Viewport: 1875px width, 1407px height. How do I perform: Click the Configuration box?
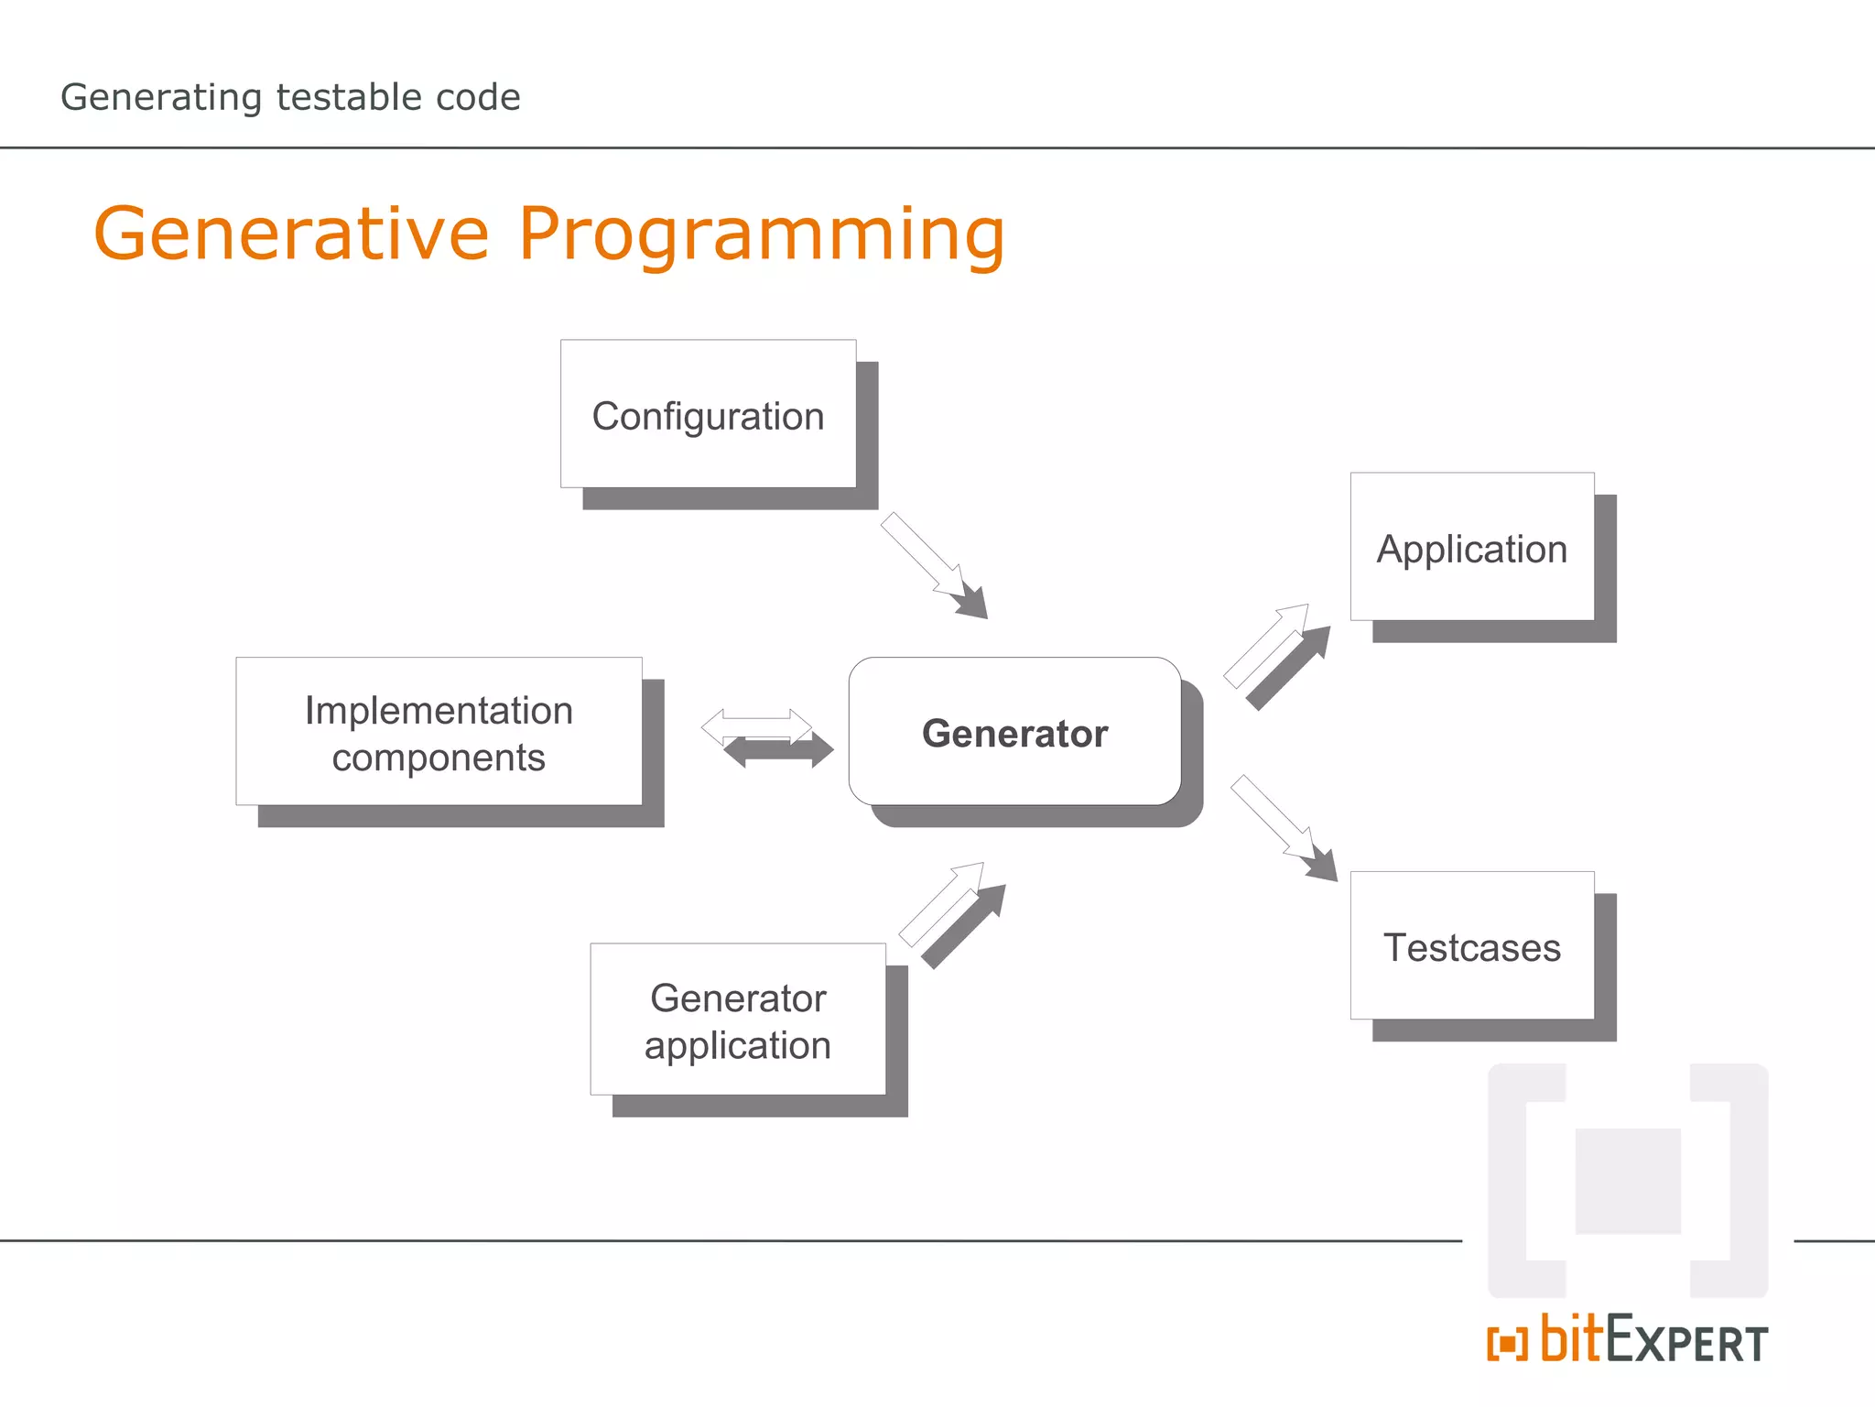pyautogui.click(x=708, y=414)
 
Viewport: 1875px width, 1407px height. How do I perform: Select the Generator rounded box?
pyautogui.click(x=1014, y=732)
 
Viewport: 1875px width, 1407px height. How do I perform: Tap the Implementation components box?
pyautogui.click(x=439, y=732)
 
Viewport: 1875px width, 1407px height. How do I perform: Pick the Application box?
pyautogui.click(x=1471, y=547)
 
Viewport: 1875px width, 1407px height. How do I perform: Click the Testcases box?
pyautogui.click(x=1471, y=945)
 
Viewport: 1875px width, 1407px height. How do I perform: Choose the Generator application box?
pyautogui.click(x=738, y=1019)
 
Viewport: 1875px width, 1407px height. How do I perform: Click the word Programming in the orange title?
pyautogui.click(x=762, y=234)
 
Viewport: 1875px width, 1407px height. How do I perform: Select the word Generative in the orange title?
pyautogui.click(x=291, y=234)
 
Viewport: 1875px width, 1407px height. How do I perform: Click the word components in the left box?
pyautogui.click(x=439, y=758)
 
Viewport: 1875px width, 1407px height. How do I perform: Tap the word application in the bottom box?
pyautogui.click(x=738, y=1045)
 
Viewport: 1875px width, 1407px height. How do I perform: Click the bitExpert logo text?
pyautogui.click(x=1653, y=1341)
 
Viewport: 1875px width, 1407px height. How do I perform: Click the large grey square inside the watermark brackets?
pyautogui.click(x=1628, y=1181)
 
